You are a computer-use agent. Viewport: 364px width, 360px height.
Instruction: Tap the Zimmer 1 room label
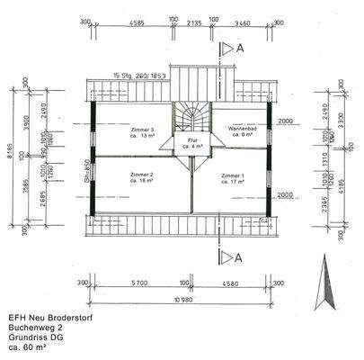point(232,178)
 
